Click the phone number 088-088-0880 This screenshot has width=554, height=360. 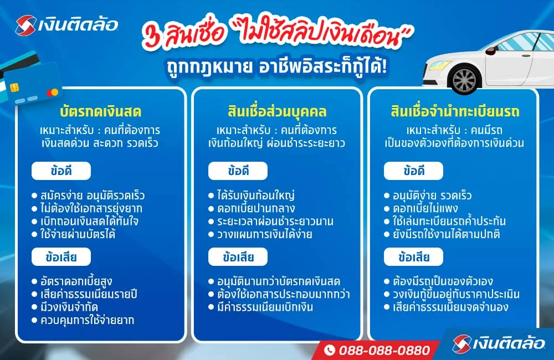(x=384, y=350)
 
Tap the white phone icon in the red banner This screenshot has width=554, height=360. (x=330, y=350)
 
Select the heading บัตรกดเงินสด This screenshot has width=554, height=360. (x=100, y=112)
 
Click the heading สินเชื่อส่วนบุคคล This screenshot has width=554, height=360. (x=277, y=112)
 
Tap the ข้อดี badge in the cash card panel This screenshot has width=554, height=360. (x=61, y=171)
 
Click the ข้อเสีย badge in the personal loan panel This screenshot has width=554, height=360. (x=238, y=256)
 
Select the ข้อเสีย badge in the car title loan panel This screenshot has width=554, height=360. (x=414, y=256)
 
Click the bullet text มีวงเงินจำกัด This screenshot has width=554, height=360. (x=73, y=307)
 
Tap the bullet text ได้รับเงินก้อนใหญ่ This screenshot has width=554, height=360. (x=258, y=196)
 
